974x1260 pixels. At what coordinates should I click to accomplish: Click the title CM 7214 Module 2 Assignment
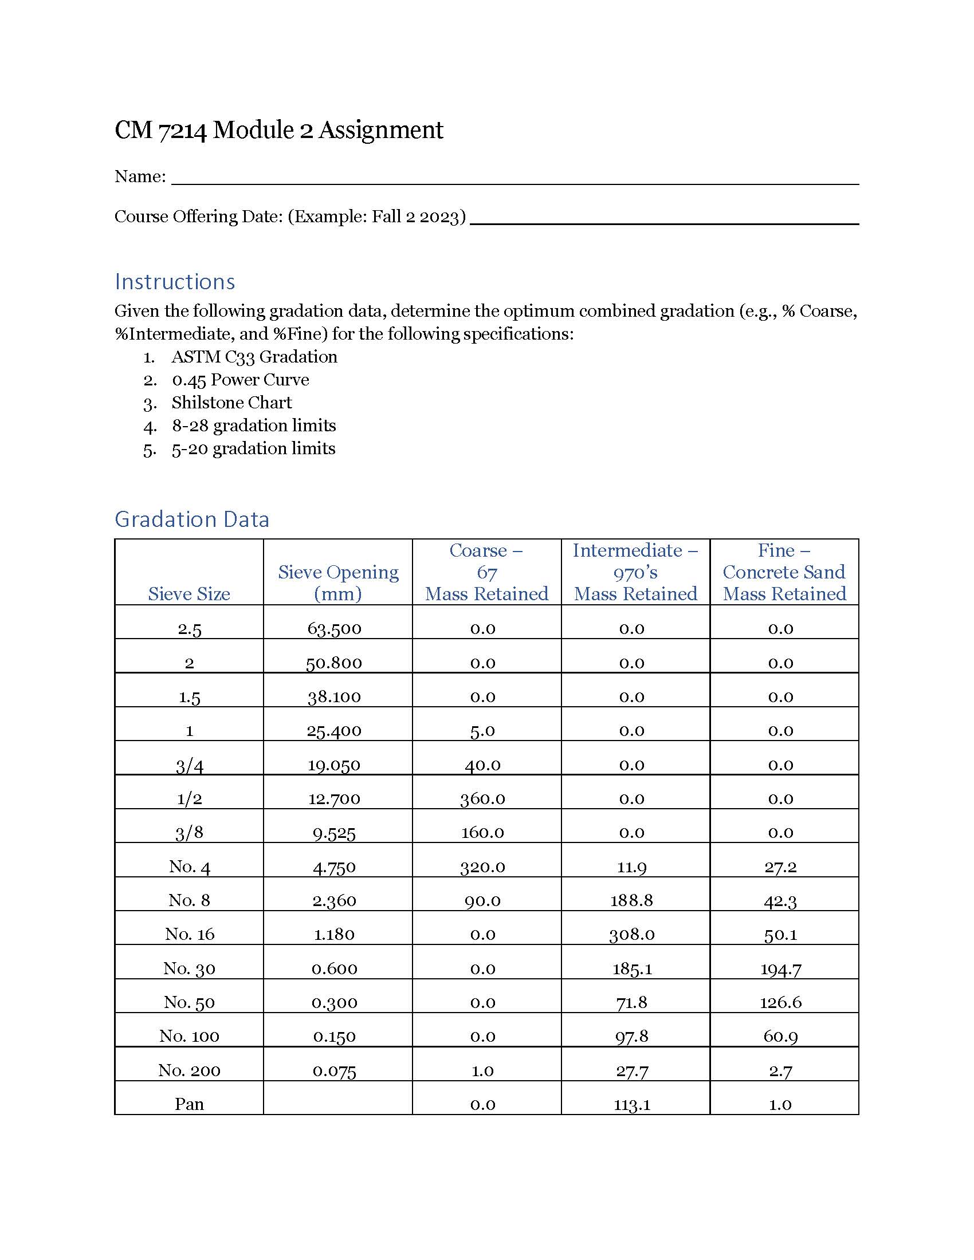click(278, 131)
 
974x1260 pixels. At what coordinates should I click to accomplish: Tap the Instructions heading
click(175, 282)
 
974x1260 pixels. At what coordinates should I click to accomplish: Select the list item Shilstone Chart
click(231, 403)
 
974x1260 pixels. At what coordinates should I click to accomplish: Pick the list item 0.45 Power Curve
click(240, 380)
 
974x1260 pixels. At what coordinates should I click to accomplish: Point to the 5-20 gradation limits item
click(253, 449)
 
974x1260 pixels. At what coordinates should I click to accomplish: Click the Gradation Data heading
click(191, 519)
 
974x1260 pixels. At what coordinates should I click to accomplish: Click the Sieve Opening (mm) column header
click(338, 582)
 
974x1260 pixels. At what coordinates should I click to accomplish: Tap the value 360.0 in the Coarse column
click(482, 798)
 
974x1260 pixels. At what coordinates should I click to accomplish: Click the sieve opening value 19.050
click(334, 765)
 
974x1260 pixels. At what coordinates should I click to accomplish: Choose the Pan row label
click(189, 1104)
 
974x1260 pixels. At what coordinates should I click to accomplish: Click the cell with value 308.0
click(632, 934)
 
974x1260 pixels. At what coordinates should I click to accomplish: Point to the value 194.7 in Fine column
click(781, 968)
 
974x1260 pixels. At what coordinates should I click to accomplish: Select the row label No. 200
click(189, 1071)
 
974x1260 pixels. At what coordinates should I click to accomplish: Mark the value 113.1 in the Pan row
click(632, 1104)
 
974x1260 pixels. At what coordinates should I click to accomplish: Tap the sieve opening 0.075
click(334, 1071)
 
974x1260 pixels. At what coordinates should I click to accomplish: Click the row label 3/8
click(189, 833)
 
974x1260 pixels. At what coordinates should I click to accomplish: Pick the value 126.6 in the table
click(781, 1002)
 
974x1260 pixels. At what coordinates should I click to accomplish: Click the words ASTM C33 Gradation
click(254, 357)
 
